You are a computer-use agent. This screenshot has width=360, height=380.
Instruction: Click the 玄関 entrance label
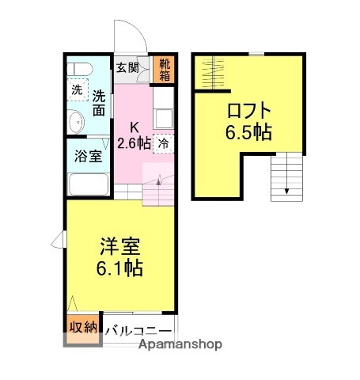coord(127,68)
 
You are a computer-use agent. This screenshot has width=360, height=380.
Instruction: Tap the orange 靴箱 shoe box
coord(164,70)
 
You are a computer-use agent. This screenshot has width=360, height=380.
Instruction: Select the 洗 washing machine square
coord(76,92)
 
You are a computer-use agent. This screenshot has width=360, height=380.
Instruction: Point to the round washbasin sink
coord(78,123)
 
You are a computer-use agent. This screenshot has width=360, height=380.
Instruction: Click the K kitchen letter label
coord(135,127)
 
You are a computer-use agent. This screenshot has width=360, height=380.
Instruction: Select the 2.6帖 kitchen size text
coord(134,143)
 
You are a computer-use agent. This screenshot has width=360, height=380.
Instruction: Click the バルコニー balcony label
coord(137,331)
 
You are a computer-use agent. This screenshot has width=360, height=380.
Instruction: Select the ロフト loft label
coord(248,111)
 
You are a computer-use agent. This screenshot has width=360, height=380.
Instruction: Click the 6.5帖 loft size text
coord(248,131)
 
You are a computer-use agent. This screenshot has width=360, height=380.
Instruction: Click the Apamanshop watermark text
coord(180,345)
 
